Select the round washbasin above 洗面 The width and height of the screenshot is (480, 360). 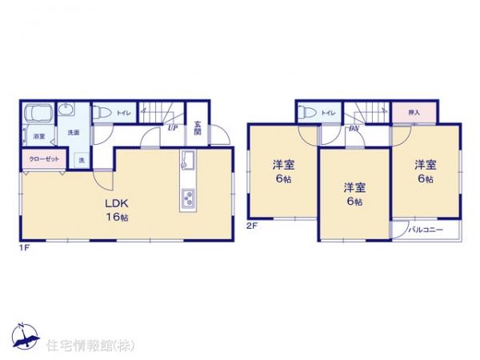[x=67, y=112]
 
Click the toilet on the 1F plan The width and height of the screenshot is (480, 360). [x=100, y=114]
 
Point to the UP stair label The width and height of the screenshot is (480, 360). [x=171, y=126]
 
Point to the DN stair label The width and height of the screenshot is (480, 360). [x=353, y=128]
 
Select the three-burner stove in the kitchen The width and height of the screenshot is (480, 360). [x=187, y=197]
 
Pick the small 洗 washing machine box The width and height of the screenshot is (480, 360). [x=82, y=160]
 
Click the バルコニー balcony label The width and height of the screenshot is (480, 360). [x=422, y=230]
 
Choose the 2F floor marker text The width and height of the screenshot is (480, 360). [x=251, y=226]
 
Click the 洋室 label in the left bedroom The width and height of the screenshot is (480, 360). [x=282, y=165]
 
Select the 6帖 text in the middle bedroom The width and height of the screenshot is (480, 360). [x=354, y=202]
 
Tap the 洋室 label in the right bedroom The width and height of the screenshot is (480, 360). [x=424, y=165]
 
